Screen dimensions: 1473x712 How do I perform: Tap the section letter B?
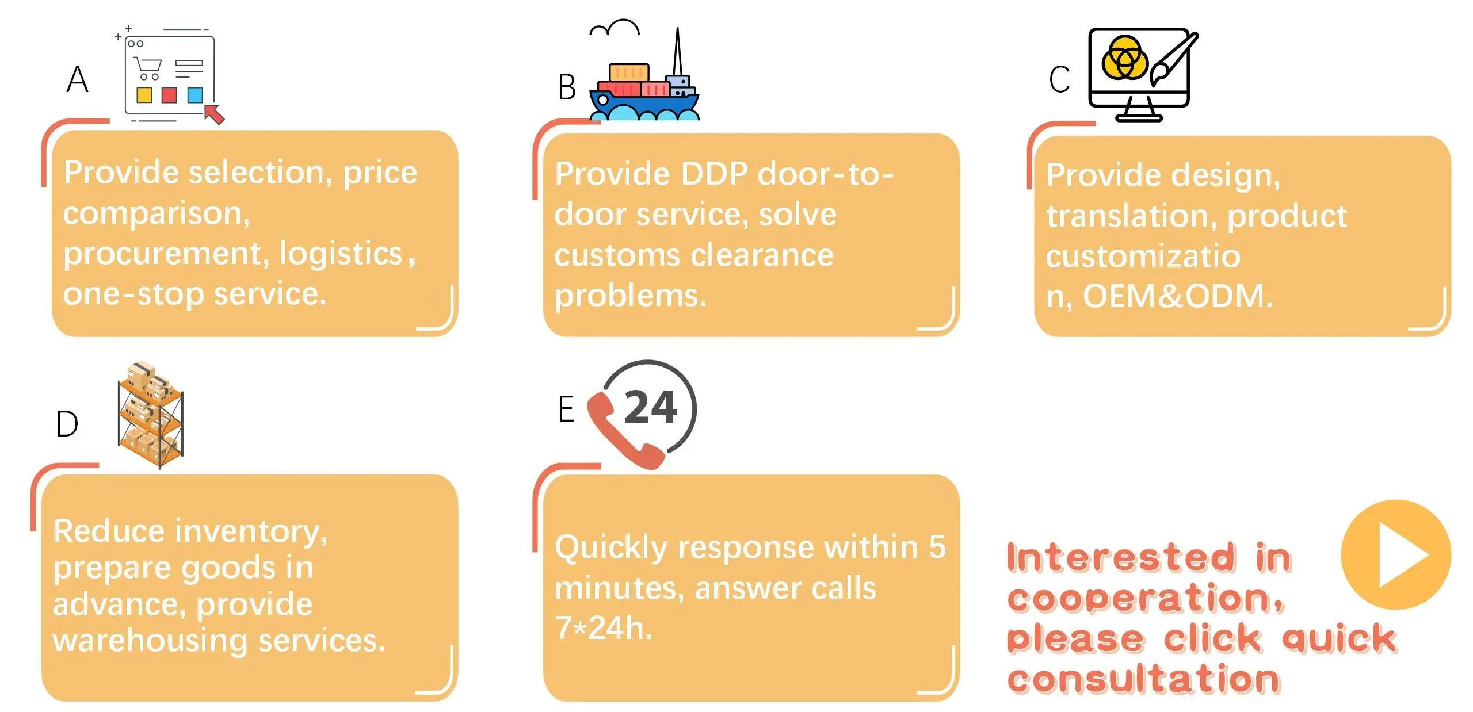567,87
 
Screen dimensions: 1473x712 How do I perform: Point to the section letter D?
67,424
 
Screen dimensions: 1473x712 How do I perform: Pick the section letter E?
566,409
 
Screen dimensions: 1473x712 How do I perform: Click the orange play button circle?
1395,555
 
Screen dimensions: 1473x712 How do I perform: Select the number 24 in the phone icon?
650,407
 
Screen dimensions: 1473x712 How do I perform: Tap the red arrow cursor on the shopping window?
215,113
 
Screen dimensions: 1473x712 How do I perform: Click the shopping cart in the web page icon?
148,68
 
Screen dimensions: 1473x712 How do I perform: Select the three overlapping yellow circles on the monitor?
1124,58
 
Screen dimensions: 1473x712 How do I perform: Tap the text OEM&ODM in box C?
1177,296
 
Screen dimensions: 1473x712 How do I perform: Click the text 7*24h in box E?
604,627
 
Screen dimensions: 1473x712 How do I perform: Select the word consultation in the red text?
1143,679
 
